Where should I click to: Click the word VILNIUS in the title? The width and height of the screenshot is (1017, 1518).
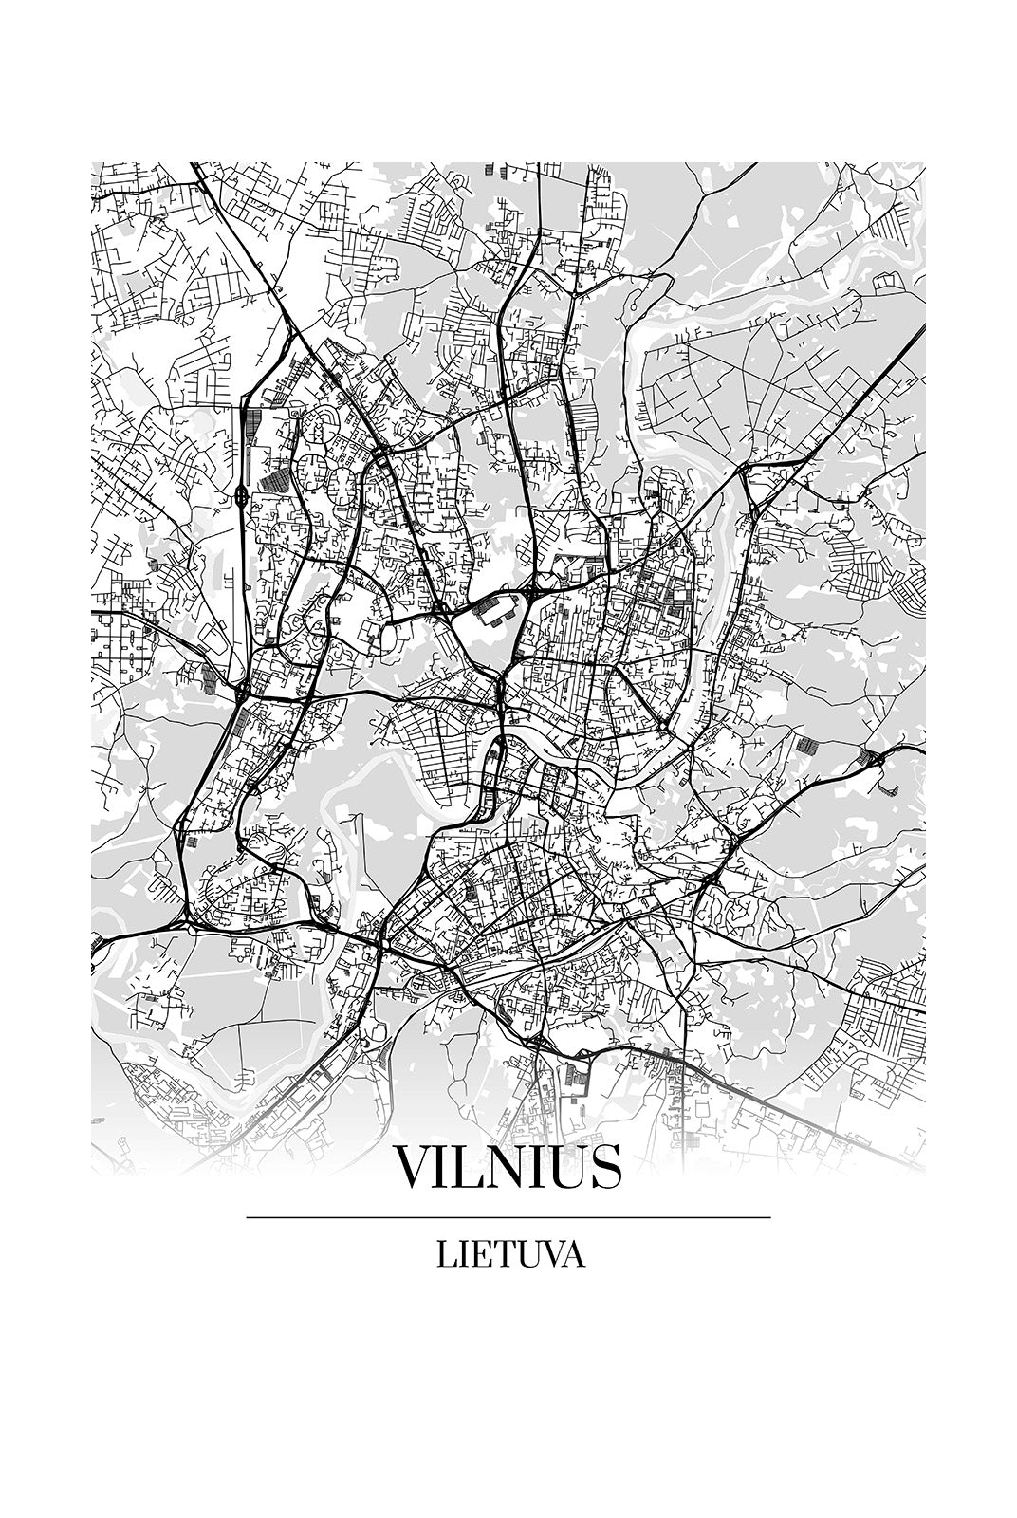coord(508,1168)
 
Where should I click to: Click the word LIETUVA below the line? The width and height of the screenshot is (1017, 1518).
coord(510,1255)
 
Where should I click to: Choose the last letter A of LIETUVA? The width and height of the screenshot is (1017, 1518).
coord(572,1255)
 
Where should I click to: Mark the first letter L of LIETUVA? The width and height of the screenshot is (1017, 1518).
coord(446,1255)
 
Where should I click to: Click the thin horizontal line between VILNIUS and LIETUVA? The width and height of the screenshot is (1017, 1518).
coord(508,1217)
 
